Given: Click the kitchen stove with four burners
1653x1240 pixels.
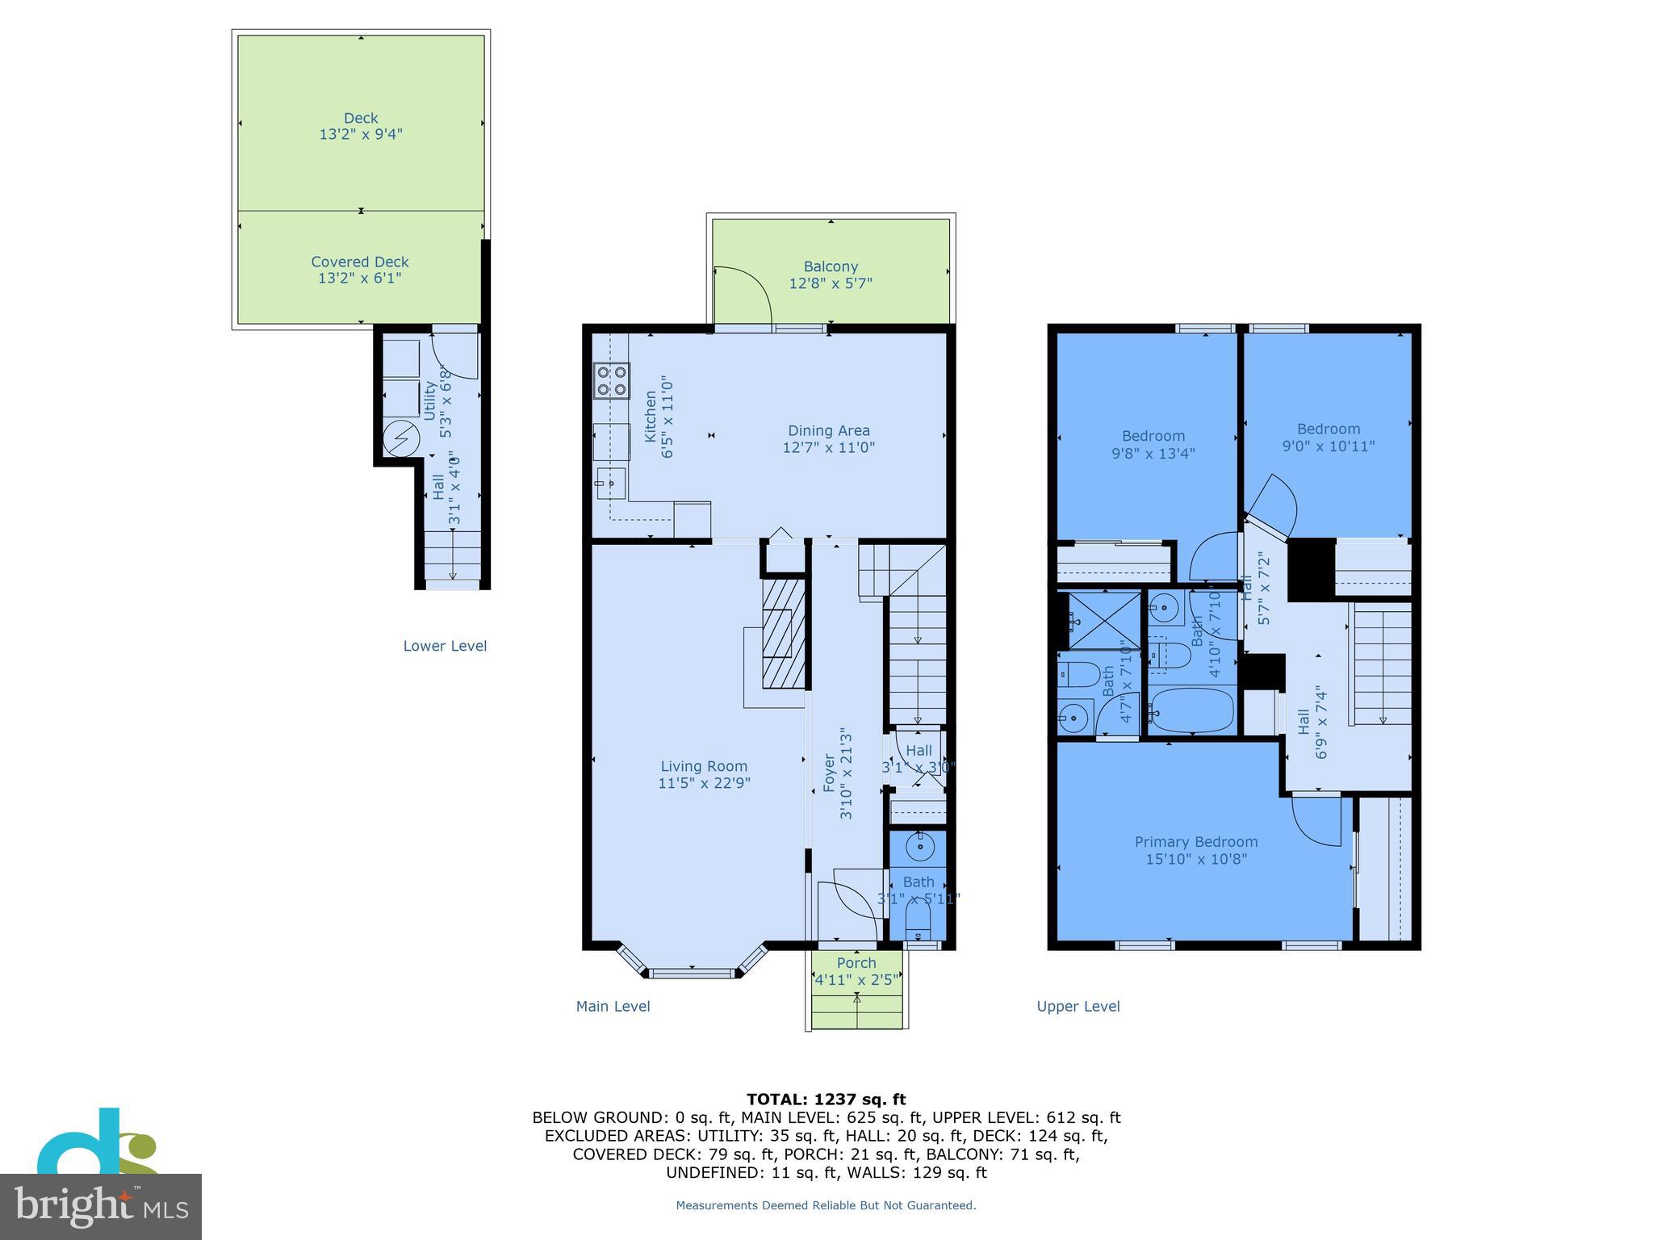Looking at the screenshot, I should coord(612,381).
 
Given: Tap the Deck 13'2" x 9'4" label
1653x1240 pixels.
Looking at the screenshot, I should coord(361,127).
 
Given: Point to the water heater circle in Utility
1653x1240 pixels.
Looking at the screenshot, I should coord(401,439).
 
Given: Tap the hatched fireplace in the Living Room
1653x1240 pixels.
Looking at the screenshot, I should coord(784,633).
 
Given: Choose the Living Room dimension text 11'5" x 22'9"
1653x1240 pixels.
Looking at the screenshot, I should coord(704,783).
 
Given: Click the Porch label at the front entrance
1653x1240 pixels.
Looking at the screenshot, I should coord(856,963).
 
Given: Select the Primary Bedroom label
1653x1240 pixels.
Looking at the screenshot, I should coord(1196,842).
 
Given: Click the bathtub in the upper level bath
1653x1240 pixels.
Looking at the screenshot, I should coord(1192,710).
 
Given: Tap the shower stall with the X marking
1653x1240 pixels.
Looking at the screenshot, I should coord(1104,621).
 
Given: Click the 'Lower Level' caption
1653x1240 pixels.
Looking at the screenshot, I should coord(445,646).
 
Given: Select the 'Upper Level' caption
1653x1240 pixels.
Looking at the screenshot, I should coord(1078,1007).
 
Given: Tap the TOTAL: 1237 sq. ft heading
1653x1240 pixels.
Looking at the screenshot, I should coord(826,1100).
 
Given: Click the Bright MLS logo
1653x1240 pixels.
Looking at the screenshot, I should coord(100,1205).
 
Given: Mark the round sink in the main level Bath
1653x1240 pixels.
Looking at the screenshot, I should coord(919,848).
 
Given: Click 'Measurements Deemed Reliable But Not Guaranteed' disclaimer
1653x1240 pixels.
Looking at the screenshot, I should coord(826,1205).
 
